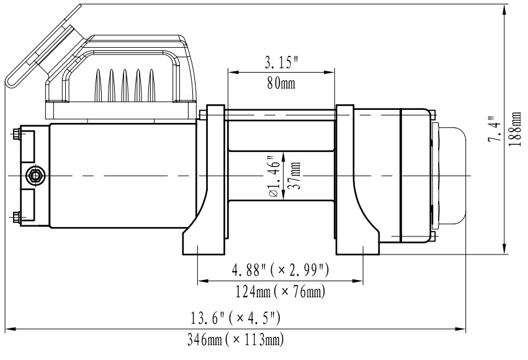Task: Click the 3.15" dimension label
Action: [x=281, y=62]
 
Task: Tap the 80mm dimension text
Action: [x=281, y=83]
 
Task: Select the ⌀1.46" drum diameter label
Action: [x=275, y=176]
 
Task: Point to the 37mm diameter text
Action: [x=294, y=176]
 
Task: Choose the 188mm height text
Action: [x=514, y=129]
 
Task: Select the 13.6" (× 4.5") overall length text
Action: [x=235, y=318]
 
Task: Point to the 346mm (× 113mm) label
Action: [x=235, y=340]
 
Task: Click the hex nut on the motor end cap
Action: [x=35, y=176]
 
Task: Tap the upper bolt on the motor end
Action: [x=16, y=135]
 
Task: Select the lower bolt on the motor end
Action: [x=16, y=217]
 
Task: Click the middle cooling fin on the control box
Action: [x=125, y=86]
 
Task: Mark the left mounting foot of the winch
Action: [x=204, y=243]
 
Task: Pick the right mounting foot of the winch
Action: [x=357, y=243]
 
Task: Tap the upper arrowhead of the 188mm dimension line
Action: [x=504, y=10]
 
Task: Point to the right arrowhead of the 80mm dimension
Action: [x=329, y=72]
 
